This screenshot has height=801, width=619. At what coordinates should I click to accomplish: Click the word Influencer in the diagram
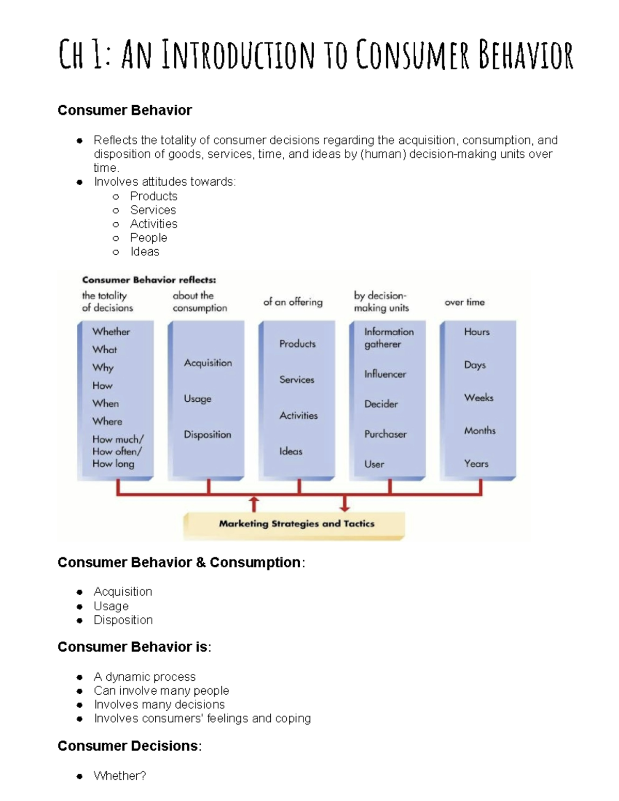pos(385,374)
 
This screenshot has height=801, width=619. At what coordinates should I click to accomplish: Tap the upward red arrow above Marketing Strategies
pos(254,503)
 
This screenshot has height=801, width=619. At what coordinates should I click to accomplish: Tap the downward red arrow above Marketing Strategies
pos(345,503)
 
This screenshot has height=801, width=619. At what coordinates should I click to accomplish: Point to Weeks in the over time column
pos(479,398)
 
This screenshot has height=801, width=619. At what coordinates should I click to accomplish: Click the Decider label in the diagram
pos(381,404)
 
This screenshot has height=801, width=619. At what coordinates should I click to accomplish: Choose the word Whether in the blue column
pos(111,332)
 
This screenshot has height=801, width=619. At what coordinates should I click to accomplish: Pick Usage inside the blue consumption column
pos(198,399)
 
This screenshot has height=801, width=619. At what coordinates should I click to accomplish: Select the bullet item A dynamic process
pos(144,677)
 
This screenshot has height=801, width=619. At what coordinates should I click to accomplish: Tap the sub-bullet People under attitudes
pos(149,238)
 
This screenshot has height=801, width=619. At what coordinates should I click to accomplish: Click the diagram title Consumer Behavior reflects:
pos(149,280)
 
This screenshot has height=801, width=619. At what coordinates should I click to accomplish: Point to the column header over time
pos(464,302)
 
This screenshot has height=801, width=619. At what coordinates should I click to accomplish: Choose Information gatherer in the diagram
pos(388,338)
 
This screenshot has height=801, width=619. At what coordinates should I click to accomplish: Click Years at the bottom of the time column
pos(476,464)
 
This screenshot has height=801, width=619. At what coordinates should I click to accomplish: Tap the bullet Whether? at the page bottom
pos(120,776)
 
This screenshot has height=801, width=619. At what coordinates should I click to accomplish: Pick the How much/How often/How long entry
pos(118,451)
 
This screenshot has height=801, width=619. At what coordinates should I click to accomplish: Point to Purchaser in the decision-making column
pos(385,434)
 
